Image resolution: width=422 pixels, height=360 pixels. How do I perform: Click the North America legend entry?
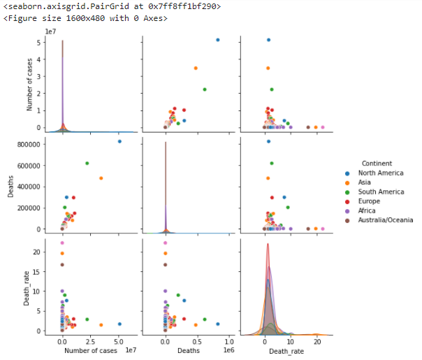(x=380, y=173)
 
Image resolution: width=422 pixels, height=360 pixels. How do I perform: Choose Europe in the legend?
(x=370, y=201)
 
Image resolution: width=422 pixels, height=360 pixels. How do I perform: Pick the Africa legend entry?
(x=368, y=210)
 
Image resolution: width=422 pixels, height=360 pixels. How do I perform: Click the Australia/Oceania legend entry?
(x=385, y=219)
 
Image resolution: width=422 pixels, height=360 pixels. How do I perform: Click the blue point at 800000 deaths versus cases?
(x=119, y=141)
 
